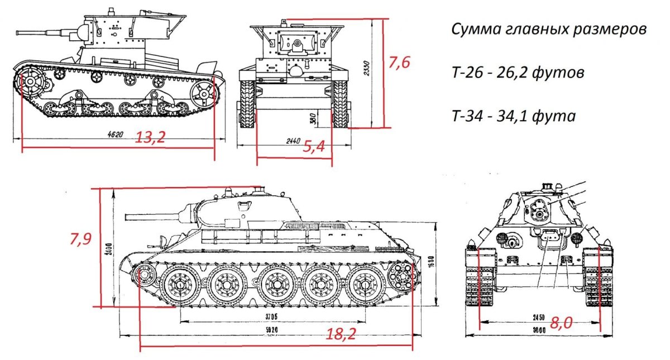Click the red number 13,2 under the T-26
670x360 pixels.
click(150, 137)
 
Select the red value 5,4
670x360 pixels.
click(314, 146)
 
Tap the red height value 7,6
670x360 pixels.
click(399, 63)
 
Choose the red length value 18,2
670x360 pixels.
click(342, 334)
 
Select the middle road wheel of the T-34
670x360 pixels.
click(275, 285)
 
